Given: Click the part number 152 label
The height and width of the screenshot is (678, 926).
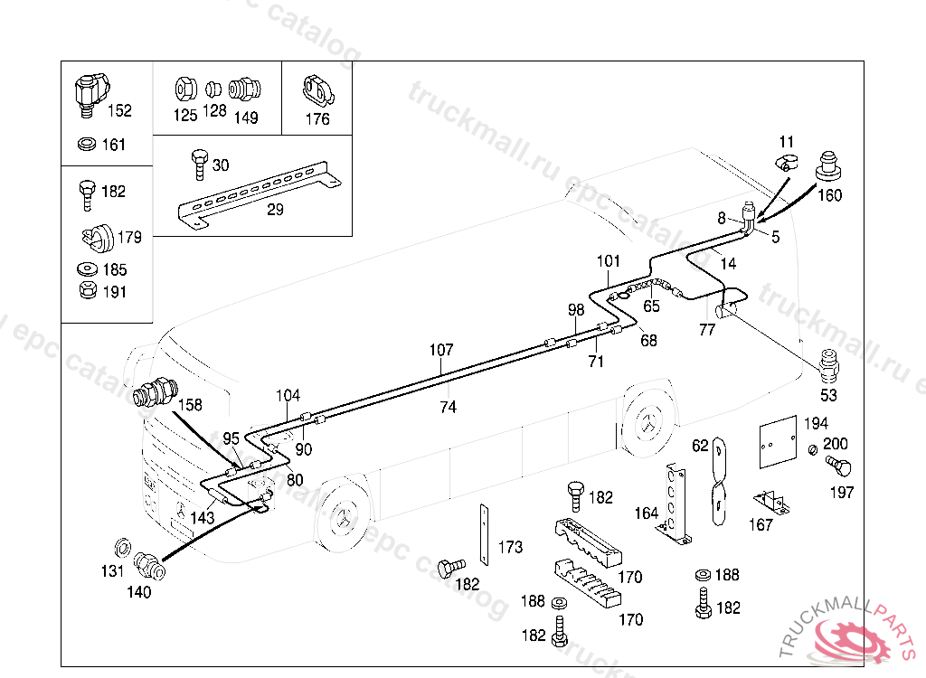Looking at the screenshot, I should coord(119,111).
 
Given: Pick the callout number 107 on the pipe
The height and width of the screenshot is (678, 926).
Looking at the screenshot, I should coord(441,350).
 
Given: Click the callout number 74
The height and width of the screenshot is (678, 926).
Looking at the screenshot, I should coord(448,408).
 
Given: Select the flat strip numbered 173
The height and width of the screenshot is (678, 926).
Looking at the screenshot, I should coord(483,533).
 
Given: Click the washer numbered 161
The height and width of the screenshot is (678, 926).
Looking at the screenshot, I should coord(88,145).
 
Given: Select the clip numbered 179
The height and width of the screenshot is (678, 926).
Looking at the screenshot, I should coord(95,237).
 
